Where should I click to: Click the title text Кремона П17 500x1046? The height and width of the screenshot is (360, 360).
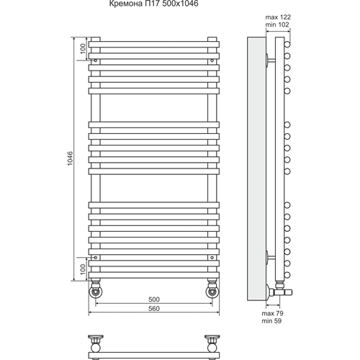pyautogui.click(x=154, y=4)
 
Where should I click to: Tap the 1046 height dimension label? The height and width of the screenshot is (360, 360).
pyautogui.click(x=70, y=158)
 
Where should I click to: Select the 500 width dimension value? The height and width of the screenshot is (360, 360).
pyautogui.click(x=154, y=300)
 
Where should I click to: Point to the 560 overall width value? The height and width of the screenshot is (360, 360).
pyautogui.click(x=154, y=308)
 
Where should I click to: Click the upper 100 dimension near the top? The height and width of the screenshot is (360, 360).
pyautogui.click(x=83, y=48)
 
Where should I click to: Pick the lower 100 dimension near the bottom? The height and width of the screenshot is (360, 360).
pyautogui.click(x=83, y=269)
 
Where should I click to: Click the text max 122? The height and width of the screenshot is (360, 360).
pyautogui.click(x=278, y=17)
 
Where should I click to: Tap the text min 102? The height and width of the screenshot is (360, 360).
pyautogui.click(x=277, y=24)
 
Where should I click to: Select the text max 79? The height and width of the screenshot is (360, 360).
pyautogui.click(x=272, y=313)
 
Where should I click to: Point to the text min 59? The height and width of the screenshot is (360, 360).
pyautogui.click(x=271, y=321)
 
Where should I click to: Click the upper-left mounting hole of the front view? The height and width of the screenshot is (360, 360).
pyautogui.click(x=96, y=60)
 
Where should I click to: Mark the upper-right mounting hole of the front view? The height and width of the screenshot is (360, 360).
pyautogui.click(x=212, y=60)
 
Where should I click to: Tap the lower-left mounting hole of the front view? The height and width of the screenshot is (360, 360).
pyautogui.click(x=96, y=258)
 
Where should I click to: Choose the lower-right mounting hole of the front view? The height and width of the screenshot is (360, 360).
pyautogui.click(x=212, y=258)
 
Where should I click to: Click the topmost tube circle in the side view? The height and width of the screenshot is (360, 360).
pyautogui.click(x=287, y=45)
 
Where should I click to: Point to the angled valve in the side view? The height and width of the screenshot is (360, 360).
pyautogui.click(x=280, y=291)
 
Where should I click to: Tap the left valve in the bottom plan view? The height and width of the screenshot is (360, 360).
pyautogui.click(x=96, y=343)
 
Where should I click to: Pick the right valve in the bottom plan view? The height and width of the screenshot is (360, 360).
pyautogui.click(x=212, y=343)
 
